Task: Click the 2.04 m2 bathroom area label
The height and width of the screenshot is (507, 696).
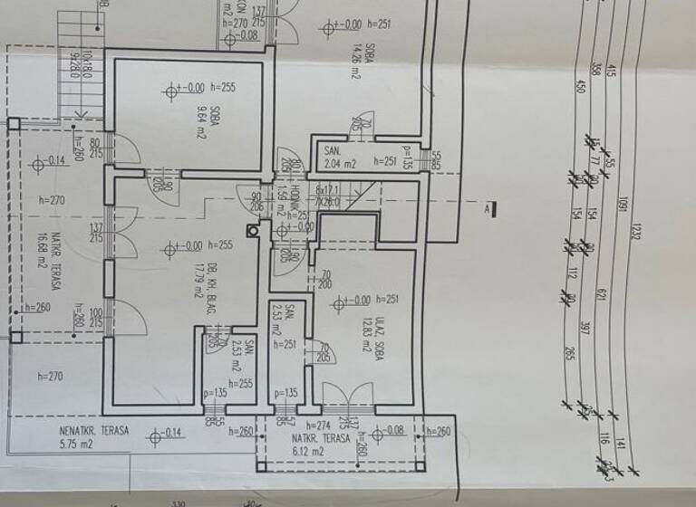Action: [x=343, y=164]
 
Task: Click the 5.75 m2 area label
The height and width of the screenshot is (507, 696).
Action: [x=76, y=445]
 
